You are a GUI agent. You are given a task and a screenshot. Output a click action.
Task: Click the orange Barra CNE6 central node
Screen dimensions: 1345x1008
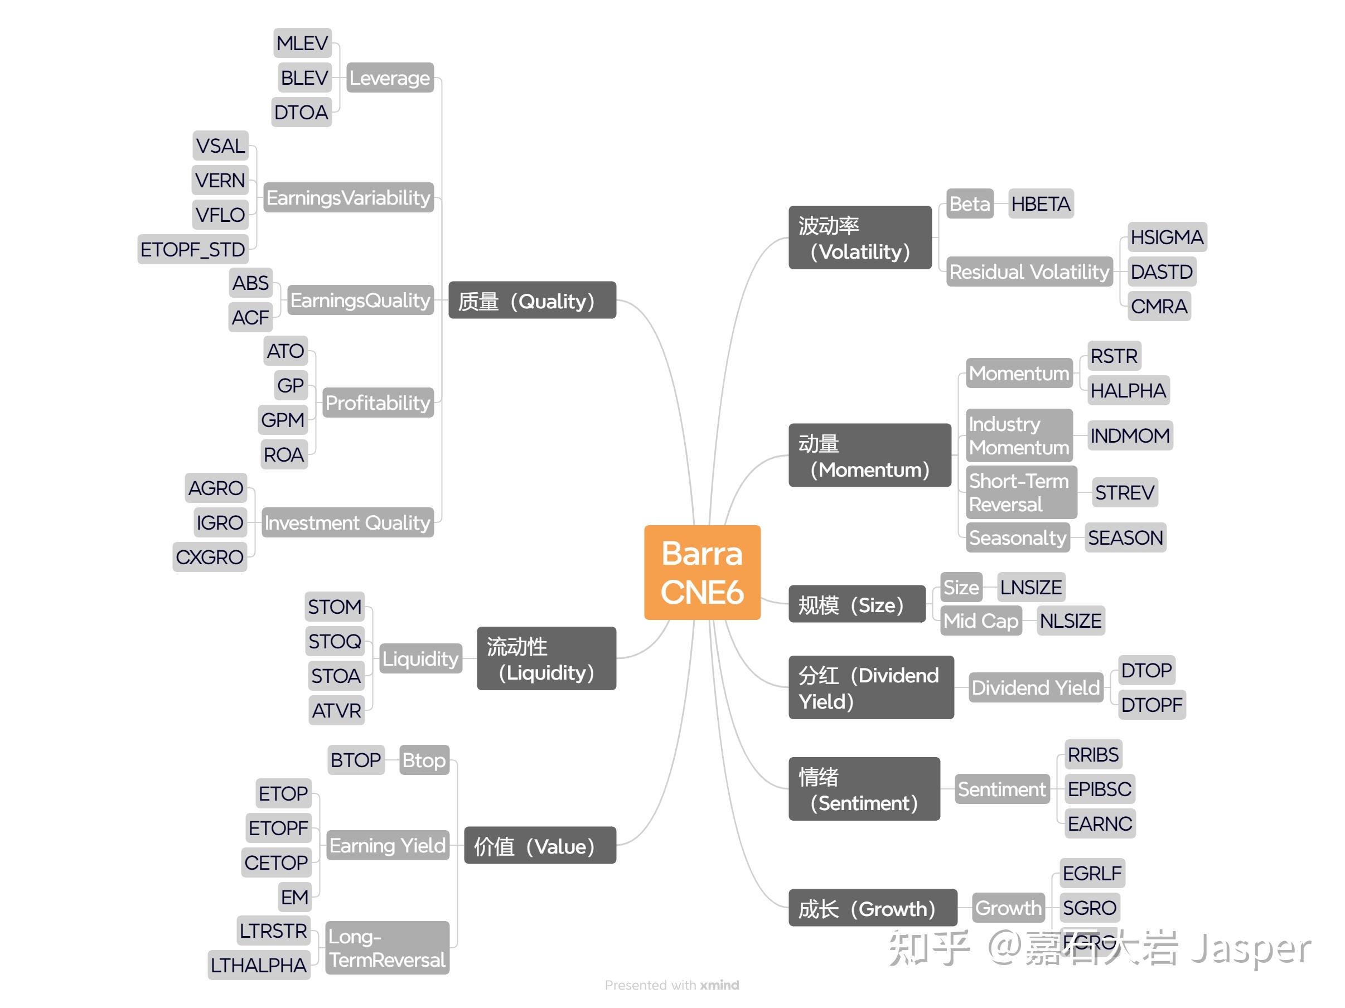tap(701, 572)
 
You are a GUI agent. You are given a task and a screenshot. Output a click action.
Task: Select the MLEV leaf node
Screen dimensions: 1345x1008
tap(302, 43)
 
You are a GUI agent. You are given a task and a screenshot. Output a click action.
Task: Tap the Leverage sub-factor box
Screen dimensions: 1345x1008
tap(390, 78)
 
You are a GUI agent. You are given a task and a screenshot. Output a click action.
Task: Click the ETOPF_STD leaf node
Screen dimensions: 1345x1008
tap(193, 249)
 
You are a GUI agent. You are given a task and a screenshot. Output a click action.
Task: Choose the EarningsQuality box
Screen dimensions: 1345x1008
tap(360, 301)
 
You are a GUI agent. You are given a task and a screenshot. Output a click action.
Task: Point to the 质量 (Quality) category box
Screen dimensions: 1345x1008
tap(531, 301)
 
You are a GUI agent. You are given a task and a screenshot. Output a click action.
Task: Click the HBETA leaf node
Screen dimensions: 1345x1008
tap(1041, 203)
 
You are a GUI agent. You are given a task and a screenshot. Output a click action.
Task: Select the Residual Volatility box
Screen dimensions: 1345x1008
tap(1029, 272)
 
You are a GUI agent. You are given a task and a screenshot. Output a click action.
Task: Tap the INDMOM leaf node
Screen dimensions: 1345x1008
tap(1130, 435)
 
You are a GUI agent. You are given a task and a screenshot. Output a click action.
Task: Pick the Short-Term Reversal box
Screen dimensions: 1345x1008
tap(1020, 492)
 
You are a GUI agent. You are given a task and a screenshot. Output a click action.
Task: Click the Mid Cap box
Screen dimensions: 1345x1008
tap(981, 621)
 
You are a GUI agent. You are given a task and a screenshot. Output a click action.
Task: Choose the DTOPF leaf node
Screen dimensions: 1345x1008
tap(1152, 705)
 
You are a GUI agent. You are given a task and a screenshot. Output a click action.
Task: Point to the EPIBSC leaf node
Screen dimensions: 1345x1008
tap(1099, 789)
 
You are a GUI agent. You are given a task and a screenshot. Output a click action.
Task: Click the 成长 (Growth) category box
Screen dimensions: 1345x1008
tap(872, 908)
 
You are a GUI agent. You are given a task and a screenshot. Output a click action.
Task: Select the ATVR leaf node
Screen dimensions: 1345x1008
tap(336, 710)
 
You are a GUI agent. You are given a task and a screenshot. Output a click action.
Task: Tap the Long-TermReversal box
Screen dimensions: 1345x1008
tap(388, 948)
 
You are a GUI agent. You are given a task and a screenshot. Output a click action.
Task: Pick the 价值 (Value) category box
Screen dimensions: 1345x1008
tap(539, 846)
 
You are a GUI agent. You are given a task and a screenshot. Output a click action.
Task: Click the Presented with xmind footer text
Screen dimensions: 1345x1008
tap(672, 985)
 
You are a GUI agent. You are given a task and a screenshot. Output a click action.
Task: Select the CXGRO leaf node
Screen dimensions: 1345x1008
tap(209, 557)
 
